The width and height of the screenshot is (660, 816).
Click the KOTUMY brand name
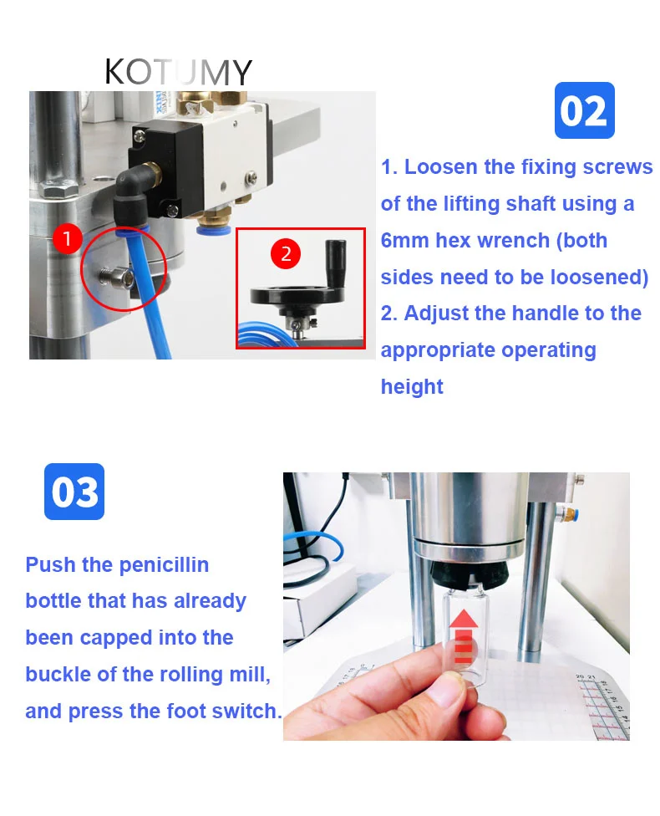178,72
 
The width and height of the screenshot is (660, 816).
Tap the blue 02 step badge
584,110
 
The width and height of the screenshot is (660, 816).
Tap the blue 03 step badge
74,492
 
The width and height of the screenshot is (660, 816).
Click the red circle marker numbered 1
67,239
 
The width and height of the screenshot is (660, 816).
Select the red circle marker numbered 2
286,253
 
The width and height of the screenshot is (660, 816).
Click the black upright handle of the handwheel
336,265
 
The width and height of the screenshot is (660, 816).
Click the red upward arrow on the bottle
463,636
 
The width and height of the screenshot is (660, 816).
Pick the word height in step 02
412,387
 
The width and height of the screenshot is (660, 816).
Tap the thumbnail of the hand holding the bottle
456,606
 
